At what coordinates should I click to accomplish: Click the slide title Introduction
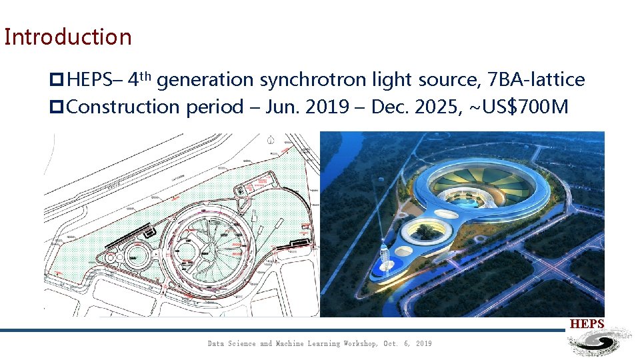point(68,37)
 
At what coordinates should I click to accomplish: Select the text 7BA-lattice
point(536,81)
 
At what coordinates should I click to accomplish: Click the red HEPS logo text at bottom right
point(587,324)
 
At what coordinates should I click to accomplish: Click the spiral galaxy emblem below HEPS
point(598,343)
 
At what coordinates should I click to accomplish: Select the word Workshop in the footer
point(360,343)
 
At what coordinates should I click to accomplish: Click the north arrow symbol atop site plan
point(271,141)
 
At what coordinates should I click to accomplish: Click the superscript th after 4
point(147,75)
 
